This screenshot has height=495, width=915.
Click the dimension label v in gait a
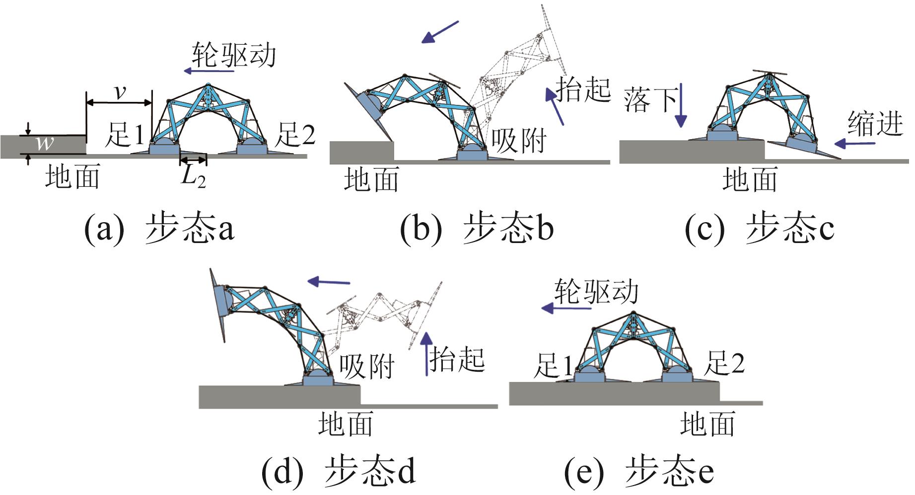tap(120, 92)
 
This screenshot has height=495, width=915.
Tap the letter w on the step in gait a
tap(45, 144)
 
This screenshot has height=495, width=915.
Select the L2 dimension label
tap(193, 175)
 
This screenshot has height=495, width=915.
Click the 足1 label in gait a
tap(125, 135)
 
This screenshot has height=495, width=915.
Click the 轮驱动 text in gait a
tap(233, 55)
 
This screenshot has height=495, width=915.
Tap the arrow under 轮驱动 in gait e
tap(566, 308)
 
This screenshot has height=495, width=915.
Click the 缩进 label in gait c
tap(875, 123)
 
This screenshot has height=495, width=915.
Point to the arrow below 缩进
tap(854, 144)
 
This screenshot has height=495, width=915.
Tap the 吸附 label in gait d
tap(366, 367)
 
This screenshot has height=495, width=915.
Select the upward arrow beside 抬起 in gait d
tap(426, 354)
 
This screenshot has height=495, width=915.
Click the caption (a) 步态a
tap(159, 229)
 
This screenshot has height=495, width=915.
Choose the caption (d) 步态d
tap(339, 471)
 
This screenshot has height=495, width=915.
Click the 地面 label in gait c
tap(750, 179)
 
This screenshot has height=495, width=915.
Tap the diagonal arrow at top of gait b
tap(440, 32)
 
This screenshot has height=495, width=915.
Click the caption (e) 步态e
tap(639, 471)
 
